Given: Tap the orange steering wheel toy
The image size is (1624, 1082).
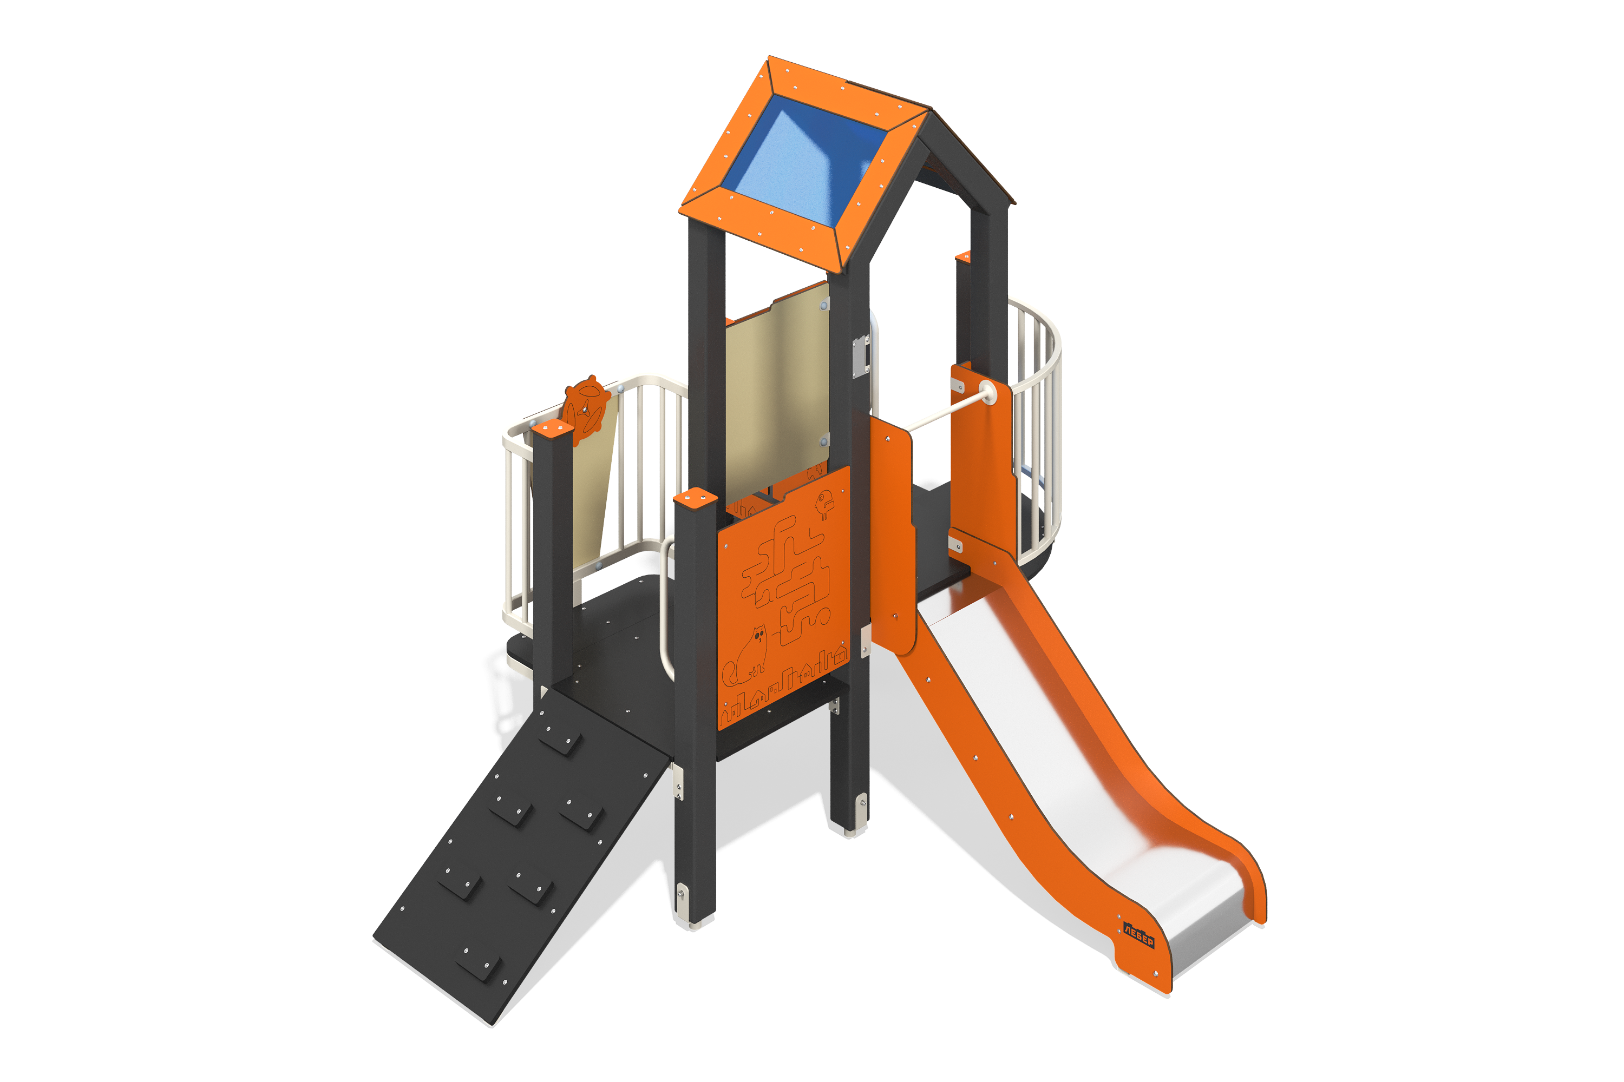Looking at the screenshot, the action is pyautogui.click(x=586, y=410).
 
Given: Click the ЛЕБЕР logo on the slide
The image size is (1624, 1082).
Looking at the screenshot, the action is pyautogui.click(x=1138, y=935).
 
